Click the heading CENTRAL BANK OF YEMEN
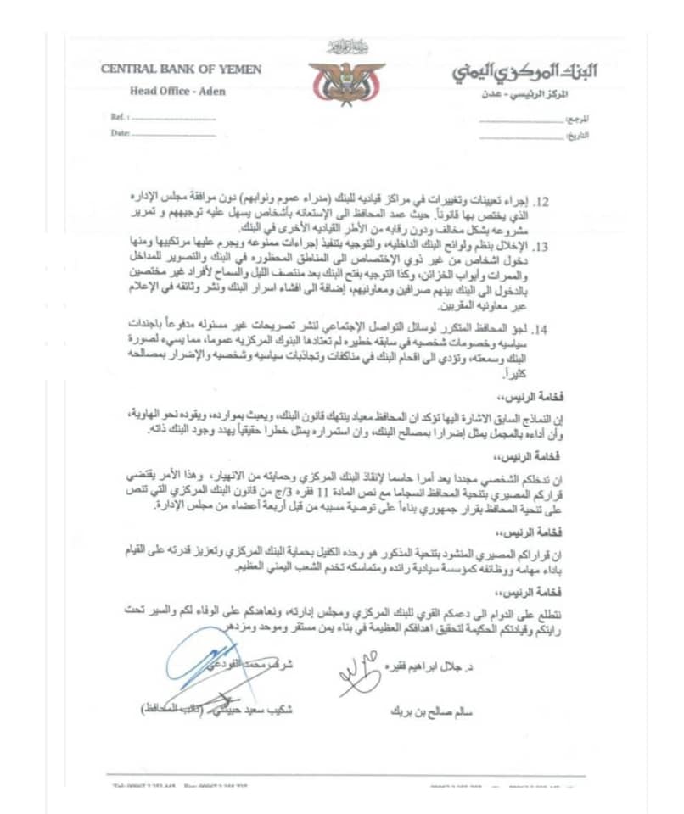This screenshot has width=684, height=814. click(182, 70)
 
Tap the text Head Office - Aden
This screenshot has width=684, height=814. click(178, 91)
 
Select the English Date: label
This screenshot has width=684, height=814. click(120, 133)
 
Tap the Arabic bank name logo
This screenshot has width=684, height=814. click(523, 71)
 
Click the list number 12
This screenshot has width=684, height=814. click(541, 202)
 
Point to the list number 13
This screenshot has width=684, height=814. click(541, 246)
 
